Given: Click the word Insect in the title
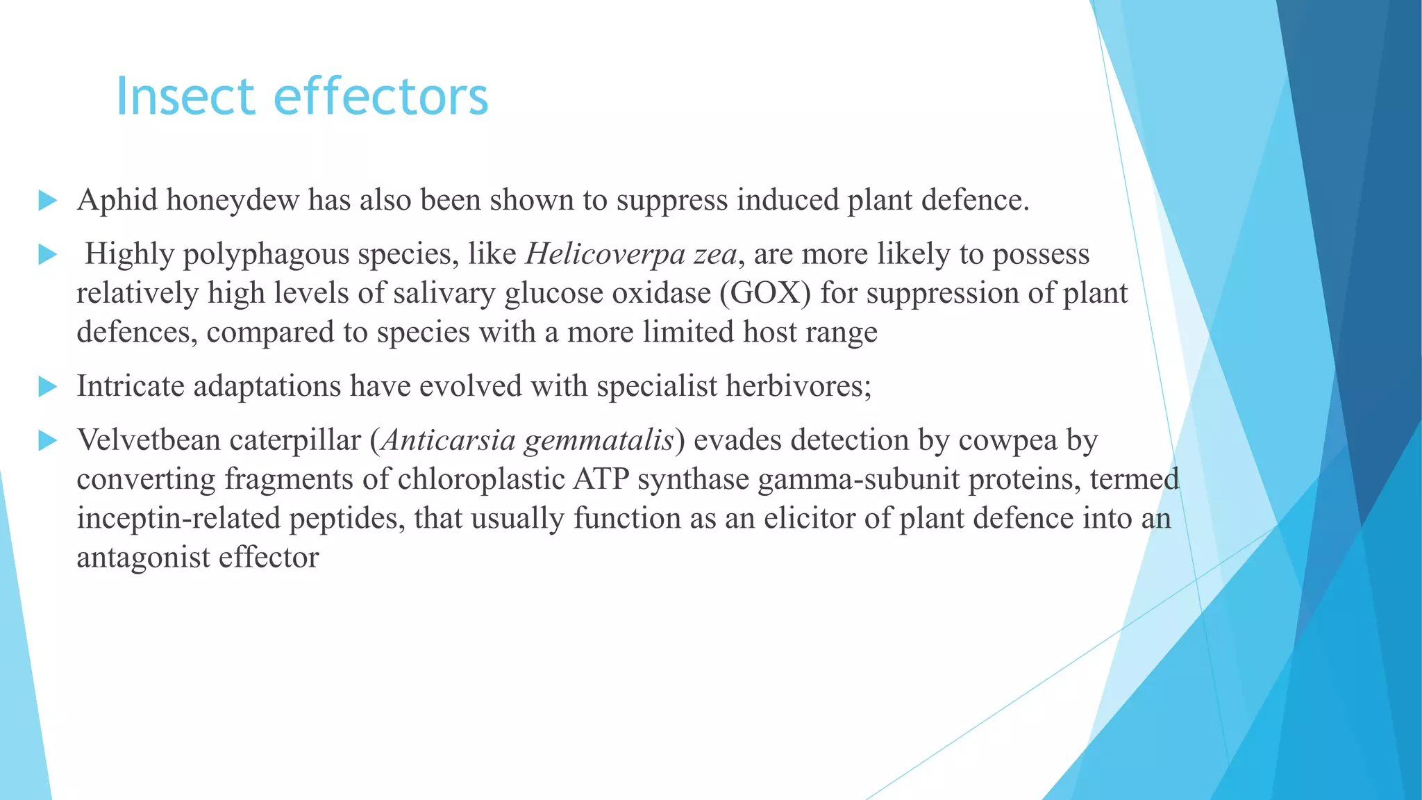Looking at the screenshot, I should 185,97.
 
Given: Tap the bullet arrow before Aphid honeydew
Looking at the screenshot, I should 47,201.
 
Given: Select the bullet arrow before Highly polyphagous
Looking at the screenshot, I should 47,255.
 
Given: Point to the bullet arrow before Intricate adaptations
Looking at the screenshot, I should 47,386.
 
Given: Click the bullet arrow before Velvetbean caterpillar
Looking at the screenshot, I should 47,440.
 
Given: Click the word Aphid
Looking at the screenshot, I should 117,201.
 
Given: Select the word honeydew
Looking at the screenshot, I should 233,201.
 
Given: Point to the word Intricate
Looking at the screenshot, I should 131,386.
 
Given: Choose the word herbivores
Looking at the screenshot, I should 798,386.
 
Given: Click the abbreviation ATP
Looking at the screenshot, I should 601,479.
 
